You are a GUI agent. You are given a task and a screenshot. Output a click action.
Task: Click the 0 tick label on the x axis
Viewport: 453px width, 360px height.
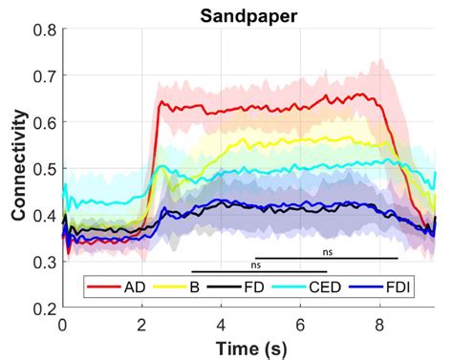[x=63, y=324]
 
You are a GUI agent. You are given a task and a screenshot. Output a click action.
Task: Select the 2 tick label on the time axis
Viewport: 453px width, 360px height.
[x=142, y=324]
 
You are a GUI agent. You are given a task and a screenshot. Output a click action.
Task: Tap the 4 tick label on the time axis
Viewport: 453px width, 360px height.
[x=222, y=324]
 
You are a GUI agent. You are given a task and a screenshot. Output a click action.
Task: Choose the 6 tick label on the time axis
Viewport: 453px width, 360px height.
[x=301, y=324]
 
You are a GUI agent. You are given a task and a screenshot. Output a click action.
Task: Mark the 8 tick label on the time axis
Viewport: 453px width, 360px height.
[x=380, y=324]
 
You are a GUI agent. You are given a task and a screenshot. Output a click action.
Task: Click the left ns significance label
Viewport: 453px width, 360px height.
[x=256, y=265]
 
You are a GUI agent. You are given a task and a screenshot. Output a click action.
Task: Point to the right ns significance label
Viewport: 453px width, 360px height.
[x=328, y=252]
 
